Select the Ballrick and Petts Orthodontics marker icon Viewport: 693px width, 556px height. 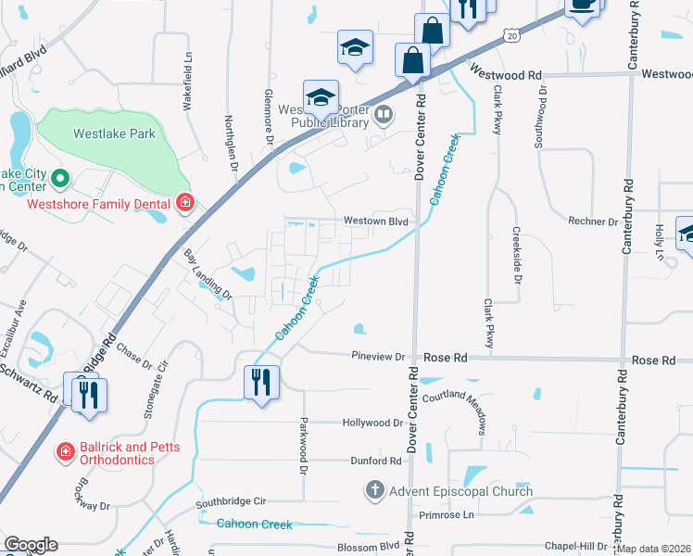click(x=66, y=451)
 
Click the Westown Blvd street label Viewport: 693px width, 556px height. click(x=376, y=221)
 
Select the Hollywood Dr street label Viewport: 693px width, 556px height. click(x=372, y=423)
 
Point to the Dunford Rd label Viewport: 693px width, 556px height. click(x=375, y=461)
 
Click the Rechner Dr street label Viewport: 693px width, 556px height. click(x=593, y=222)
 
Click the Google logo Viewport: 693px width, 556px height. click(x=31, y=545)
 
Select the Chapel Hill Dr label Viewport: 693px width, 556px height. click(x=575, y=547)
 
